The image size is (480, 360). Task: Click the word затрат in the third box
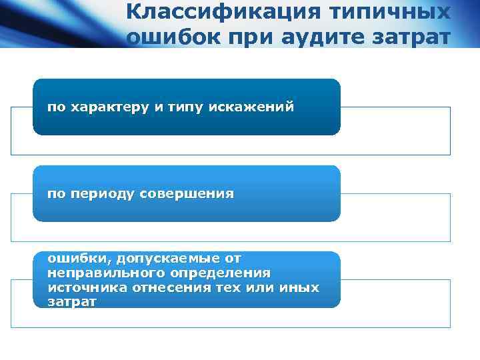[72, 302]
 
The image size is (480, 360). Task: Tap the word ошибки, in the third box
[71, 258]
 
